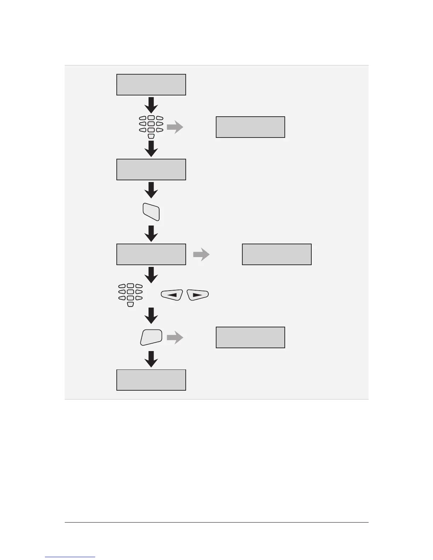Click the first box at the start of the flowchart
pos(151,85)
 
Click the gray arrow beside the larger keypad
pos(175,127)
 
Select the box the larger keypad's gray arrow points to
pos(250,127)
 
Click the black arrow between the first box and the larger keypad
pos(151,105)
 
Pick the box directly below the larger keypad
pos(151,170)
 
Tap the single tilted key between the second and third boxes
pos(151,212)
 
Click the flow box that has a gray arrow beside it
pos(151,255)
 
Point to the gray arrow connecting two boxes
pos(201,255)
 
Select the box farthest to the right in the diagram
pos(277,255)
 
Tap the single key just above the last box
pos(151,337)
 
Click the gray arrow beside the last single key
pos(175,338)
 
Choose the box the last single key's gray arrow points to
pos(250,338)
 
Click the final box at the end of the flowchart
pos(151,380)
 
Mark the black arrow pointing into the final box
pos(151,359)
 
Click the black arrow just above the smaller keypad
pos(151,275)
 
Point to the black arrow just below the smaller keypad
pos(151,315)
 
